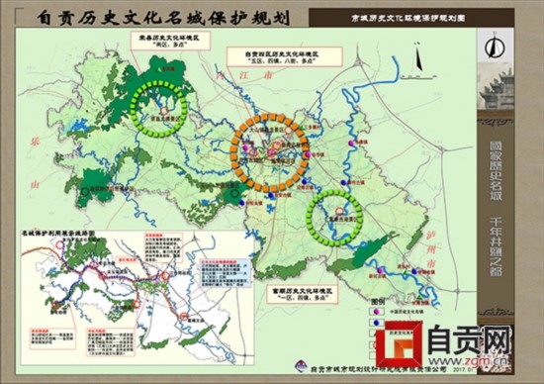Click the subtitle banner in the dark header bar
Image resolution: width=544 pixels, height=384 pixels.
[392, 17]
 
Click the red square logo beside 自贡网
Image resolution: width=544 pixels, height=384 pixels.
[403, 346]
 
